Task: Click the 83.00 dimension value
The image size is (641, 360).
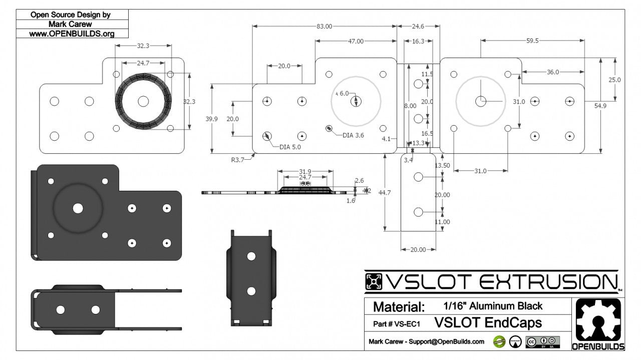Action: pos(324,27)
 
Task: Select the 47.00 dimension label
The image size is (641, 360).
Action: pos(356,42)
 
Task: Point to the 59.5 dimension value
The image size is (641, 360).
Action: pos(532,41)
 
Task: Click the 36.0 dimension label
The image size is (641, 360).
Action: pos(552,72)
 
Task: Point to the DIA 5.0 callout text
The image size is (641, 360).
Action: pos(291,147)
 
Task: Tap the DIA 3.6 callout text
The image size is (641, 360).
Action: pos(354,135)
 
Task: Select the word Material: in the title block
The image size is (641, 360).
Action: pos(399,306)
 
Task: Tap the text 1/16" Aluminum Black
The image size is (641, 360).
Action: pos(493,305)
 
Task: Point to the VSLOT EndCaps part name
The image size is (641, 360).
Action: pos(488,322)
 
